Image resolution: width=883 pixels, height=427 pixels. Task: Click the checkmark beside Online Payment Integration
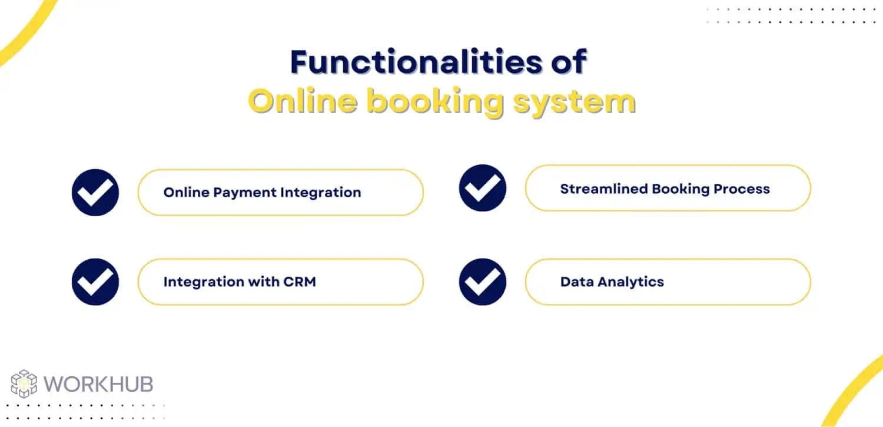(95, 193)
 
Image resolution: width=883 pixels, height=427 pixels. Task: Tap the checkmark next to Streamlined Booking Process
(483, 188)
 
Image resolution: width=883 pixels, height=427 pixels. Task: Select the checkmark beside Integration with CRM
(95, 282)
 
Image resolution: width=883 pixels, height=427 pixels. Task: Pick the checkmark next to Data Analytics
(483, 282)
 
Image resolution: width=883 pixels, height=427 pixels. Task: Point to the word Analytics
(630, 282)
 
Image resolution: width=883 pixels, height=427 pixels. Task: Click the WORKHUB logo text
(98, 384)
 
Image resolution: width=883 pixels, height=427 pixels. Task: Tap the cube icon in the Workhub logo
(24, 384)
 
